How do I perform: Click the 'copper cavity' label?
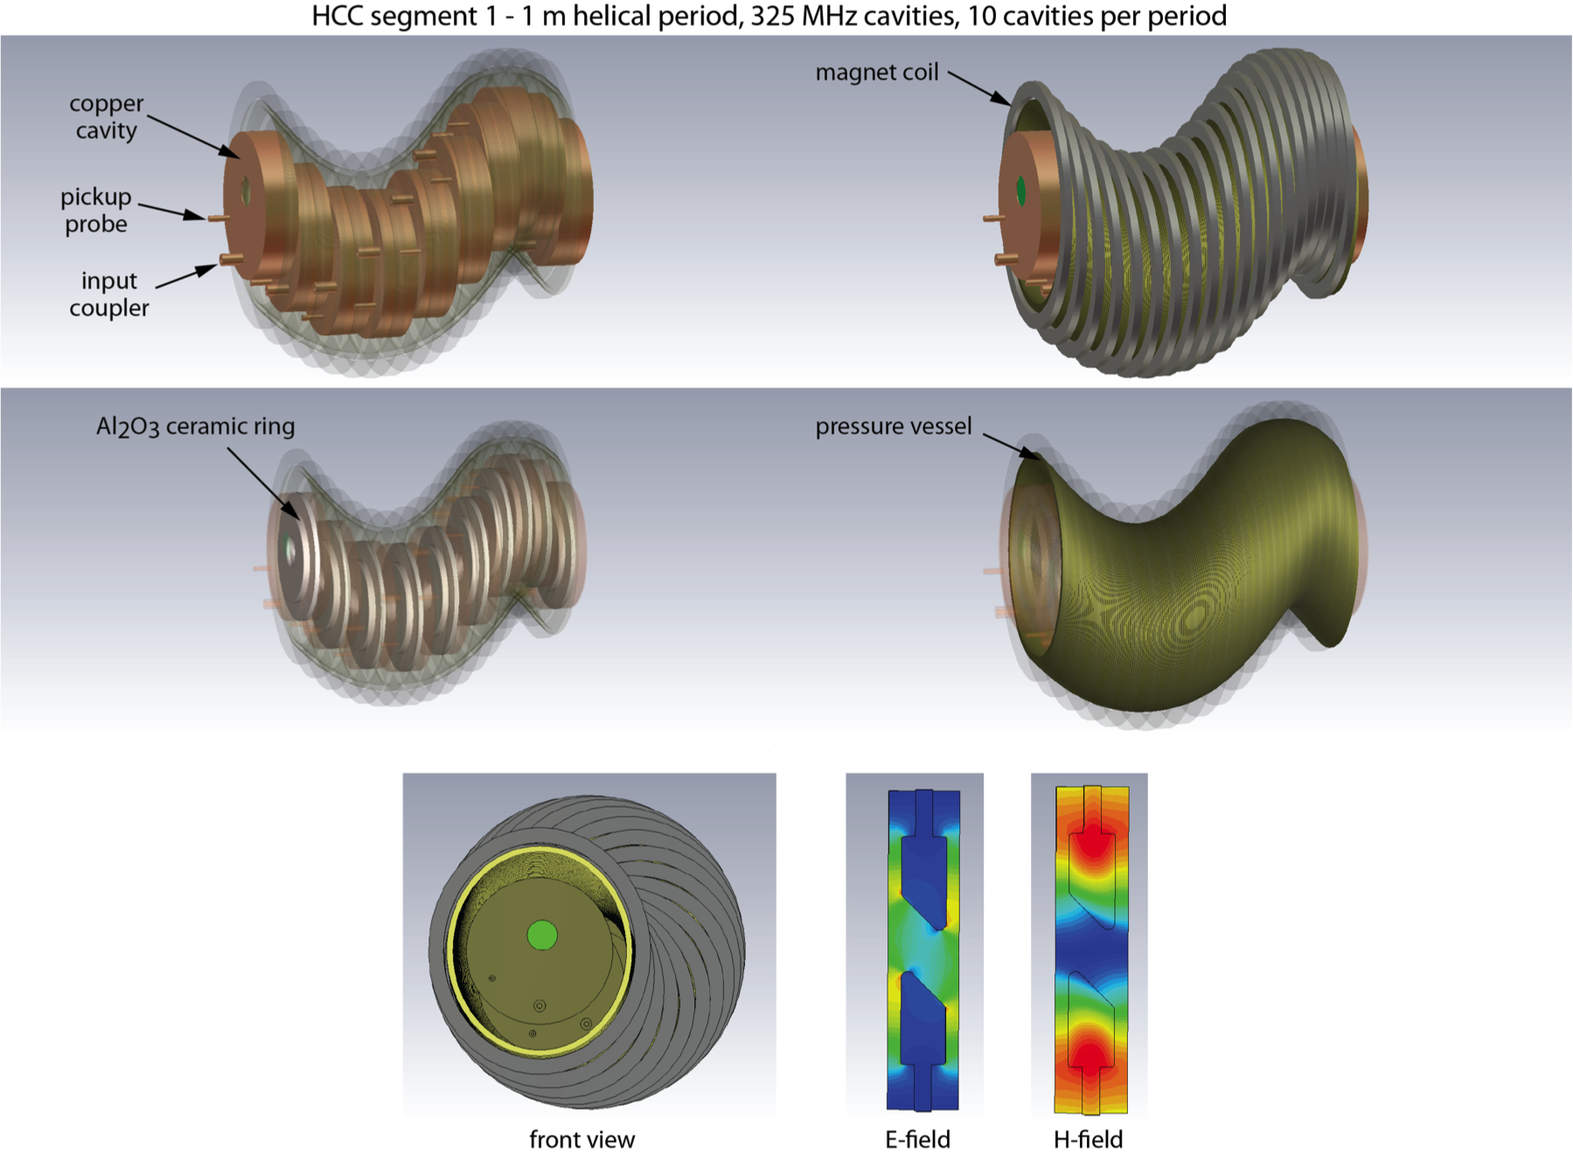coord(107,116)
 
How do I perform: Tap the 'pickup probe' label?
coord(96,210)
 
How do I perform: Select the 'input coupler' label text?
coord(109,294)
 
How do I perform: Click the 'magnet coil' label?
coord(877,72)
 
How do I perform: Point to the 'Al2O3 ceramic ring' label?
coord(195,427)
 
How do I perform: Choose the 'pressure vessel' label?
coord(894,426)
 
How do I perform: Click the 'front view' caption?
coord(582,1139)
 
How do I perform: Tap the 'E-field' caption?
coord(917,1139)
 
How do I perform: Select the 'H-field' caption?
coord(1089,1139)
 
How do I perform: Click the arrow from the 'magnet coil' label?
coord(979,88)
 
